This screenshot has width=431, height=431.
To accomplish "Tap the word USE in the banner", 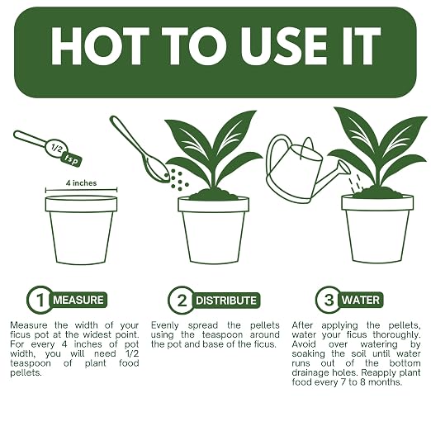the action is [284, 46].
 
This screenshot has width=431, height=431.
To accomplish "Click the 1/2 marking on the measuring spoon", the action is [56, 149].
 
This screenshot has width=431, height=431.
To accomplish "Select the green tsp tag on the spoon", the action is [72, 159].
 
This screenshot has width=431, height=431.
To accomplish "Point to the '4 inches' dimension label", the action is [81, 183].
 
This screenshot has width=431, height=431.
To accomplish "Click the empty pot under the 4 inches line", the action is [81, 230].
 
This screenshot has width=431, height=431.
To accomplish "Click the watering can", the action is [305, 168].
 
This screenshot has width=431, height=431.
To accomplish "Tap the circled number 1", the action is [40, 300].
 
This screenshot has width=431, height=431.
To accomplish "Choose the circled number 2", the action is [182, 300].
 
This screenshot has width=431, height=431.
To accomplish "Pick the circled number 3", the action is [329, 300].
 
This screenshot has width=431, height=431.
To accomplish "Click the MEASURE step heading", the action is [78, 300].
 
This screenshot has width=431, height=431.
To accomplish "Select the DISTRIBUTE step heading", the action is [226, 301].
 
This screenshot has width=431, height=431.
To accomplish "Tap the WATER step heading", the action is [361, 300].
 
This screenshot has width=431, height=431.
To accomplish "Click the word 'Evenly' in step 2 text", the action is [165, 325].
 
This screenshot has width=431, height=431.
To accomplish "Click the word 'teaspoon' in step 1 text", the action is [31, 363].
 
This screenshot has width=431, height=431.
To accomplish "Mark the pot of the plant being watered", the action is [377, 229].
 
